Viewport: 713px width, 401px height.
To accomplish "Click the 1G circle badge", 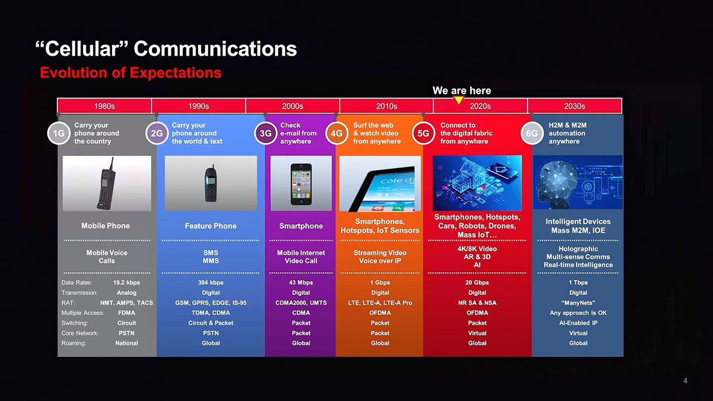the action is coord(58,133).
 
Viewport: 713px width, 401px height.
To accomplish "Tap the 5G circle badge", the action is coord(423,133).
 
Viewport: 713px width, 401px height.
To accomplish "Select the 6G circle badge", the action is coord(532,133).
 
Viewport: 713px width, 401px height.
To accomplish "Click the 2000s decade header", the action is coord(292,106).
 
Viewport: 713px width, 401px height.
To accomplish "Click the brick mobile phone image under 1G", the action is coord(107,183).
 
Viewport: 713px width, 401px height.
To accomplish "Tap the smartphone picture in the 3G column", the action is coord(301,183).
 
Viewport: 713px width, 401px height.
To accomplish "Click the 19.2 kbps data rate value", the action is coord(126,282).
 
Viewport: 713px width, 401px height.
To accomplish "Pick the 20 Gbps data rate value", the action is coord(477,282).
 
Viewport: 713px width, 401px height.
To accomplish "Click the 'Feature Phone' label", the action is coord(211,226).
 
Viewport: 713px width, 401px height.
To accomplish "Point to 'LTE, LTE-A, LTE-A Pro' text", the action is coord(380,302).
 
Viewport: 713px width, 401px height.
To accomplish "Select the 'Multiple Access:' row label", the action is coord(83,313).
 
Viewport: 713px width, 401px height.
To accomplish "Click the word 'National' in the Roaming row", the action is coord(126,343).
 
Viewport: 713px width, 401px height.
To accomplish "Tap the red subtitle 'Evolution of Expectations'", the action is coord(130,72).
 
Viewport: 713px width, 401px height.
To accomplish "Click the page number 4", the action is coord(685,380).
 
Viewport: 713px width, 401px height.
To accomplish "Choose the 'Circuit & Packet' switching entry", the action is coord(211,323).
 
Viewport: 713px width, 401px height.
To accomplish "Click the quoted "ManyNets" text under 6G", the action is coord(578,302).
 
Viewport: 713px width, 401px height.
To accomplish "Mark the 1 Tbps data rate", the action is coord(578,282).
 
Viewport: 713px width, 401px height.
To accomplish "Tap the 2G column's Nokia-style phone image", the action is coord(211,183).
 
